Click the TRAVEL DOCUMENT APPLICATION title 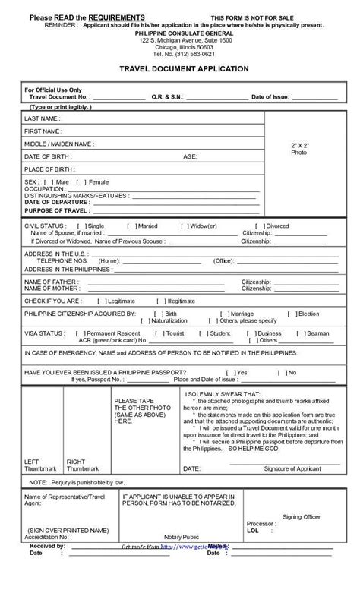click(x=184, y=68)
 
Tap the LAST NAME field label click(x=43, y=119)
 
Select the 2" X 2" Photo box click(x=300, y=148)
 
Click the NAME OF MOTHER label click(x=52, y=289)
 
